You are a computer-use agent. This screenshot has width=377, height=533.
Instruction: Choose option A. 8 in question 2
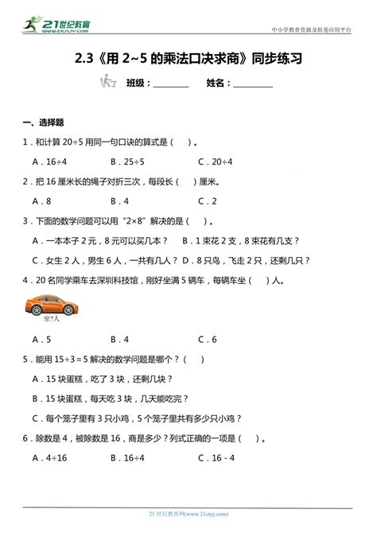42,201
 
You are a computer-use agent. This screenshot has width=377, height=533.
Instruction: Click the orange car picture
48,304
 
